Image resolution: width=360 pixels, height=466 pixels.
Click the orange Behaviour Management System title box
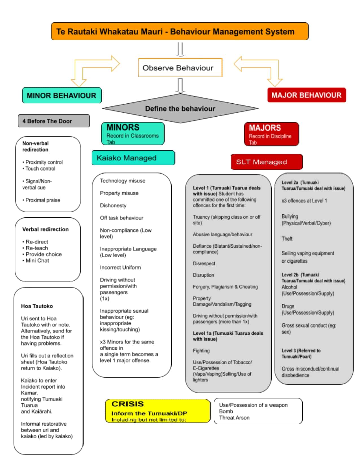tap(180, 31)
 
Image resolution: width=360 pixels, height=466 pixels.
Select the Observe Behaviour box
tap(180, 68)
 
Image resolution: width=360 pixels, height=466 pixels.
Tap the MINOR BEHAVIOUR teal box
tap(62, 95)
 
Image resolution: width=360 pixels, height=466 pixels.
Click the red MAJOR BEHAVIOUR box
tap(306, 95)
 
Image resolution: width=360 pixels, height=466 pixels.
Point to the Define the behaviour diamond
tap(180, 109)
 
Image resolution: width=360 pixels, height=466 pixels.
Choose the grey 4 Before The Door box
tap(54, 121)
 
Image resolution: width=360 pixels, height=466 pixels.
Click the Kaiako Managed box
tap(133, 158)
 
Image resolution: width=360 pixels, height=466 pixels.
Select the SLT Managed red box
tap(266, 162)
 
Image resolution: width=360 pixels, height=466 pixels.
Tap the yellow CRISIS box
tap(157, 411)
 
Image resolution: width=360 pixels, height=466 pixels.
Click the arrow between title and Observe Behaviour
tap(180, 49)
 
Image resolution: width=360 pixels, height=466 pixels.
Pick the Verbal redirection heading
tap(45, 229)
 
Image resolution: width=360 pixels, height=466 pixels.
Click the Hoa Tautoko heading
tap(37, 306)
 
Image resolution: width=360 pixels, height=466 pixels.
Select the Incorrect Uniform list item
tap(120, 267)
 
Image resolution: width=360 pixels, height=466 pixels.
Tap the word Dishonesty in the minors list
tap(113, 206)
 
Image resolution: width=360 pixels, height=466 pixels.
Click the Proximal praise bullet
tap(43, 200)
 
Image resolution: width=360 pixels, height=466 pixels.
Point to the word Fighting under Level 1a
tap(201, 351)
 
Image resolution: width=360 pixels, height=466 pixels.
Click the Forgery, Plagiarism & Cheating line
tap(225, 287)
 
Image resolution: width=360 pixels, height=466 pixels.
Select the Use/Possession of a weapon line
tap(253, 405)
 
